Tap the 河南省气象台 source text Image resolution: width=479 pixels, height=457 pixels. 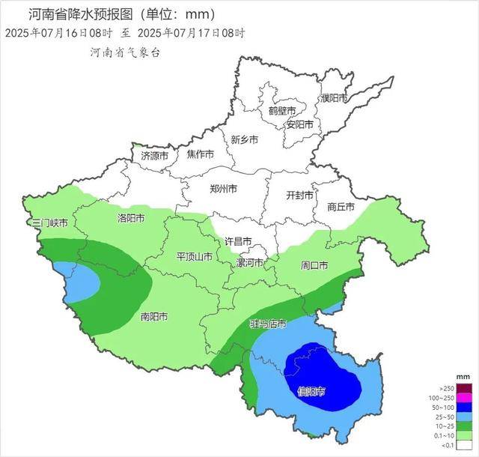(x=125, y=52)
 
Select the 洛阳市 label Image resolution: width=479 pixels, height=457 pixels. (x=132, y=218)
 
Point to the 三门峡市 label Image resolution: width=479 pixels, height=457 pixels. (x=50, y=223)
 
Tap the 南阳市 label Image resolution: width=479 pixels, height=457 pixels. (x=154, y=316)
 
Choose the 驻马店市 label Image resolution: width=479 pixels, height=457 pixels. (x=267, y=324)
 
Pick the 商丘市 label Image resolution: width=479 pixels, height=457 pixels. (x=341, y=207)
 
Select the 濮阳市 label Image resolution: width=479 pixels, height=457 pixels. (x=335, y=98)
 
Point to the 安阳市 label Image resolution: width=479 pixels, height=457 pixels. (x=299, y=124)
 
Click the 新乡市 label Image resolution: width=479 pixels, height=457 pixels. (x=244, y=139)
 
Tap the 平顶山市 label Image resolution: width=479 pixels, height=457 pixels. (x=194, y=256)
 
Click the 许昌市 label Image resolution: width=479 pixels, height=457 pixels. (x=239, y=241)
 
